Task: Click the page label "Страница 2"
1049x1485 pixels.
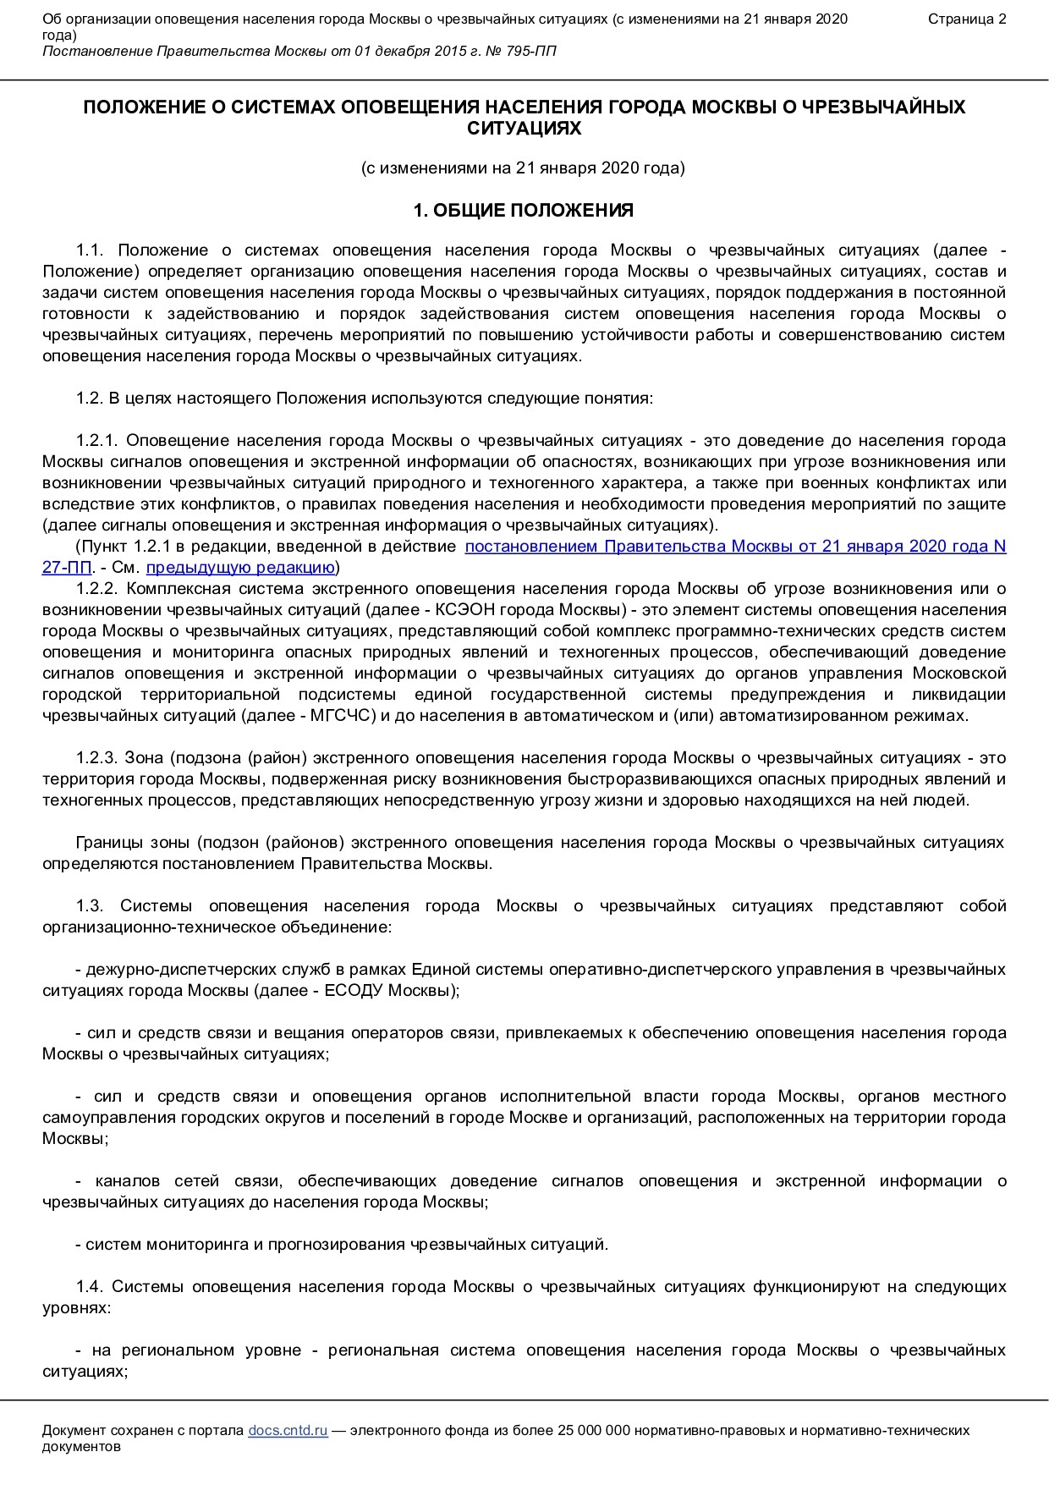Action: [967, 19]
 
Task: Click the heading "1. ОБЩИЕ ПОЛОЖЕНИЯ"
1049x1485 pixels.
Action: [524, 211]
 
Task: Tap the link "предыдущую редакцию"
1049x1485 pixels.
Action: [240, 567]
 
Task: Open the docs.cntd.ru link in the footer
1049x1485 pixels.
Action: [288, 1430]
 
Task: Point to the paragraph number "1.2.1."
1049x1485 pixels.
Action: [100, 441]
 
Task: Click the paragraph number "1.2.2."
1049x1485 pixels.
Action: [100, 589]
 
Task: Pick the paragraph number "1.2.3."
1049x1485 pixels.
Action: [100, 758]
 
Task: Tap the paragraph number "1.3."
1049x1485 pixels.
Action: [89, 906]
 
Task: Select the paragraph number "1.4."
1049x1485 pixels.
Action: [89, 1287]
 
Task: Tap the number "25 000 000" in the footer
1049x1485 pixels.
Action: [595, 1430]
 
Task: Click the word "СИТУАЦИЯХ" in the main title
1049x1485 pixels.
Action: [524, 129]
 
